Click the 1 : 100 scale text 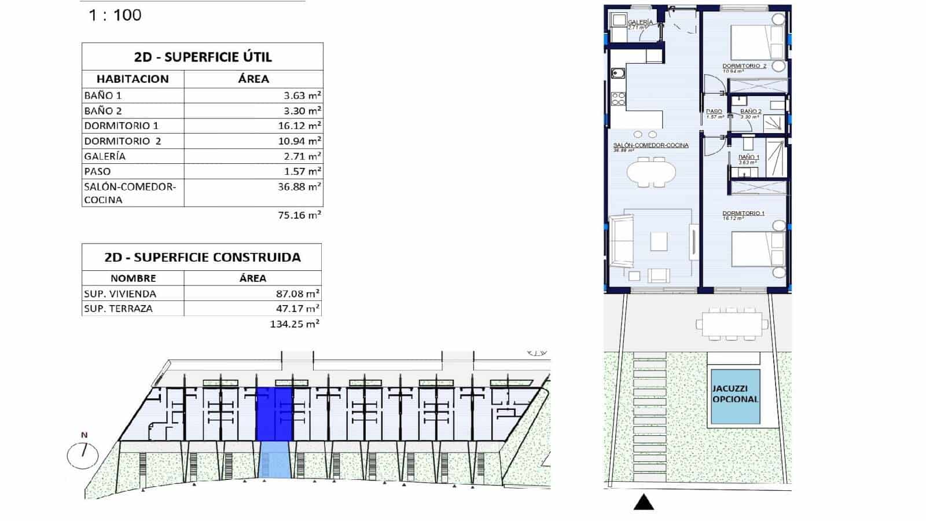(x=115, y=15)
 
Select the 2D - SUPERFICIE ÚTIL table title (x=203, y=57)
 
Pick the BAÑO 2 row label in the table (x=103, y=111)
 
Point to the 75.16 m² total (x=299, y=215)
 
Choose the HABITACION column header (x=133, y=79)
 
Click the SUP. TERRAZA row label (x=118, y=309)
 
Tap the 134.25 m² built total (x=295, y=324)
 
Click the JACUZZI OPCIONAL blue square (x=735, y=397)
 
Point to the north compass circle (x=83, y=454)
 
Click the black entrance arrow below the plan (x=644, y=502)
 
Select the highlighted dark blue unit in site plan (x=274, y=414)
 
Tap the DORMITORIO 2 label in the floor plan (x=744, y=66)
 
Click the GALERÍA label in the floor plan (x=640, y=23)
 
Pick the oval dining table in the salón (x=652, y=172)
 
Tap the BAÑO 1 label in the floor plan (x=749, y=157)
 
